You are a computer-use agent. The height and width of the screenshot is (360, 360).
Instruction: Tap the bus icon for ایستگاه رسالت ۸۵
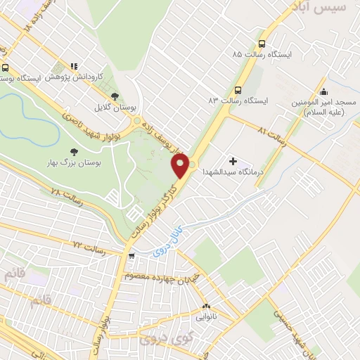click(x=262, y=41)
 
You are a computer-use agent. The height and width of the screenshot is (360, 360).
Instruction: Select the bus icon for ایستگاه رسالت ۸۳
click(x=238, y=89)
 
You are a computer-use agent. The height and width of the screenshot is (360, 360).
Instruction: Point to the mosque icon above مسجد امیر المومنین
click(x=323, y=91)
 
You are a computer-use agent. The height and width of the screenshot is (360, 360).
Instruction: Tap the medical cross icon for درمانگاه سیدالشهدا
click(x=233, y=162)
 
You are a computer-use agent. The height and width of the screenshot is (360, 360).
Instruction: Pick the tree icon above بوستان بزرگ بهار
click(x=73, y=151)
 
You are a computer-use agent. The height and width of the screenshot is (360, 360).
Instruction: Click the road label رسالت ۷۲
click(x=88, y=247)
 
